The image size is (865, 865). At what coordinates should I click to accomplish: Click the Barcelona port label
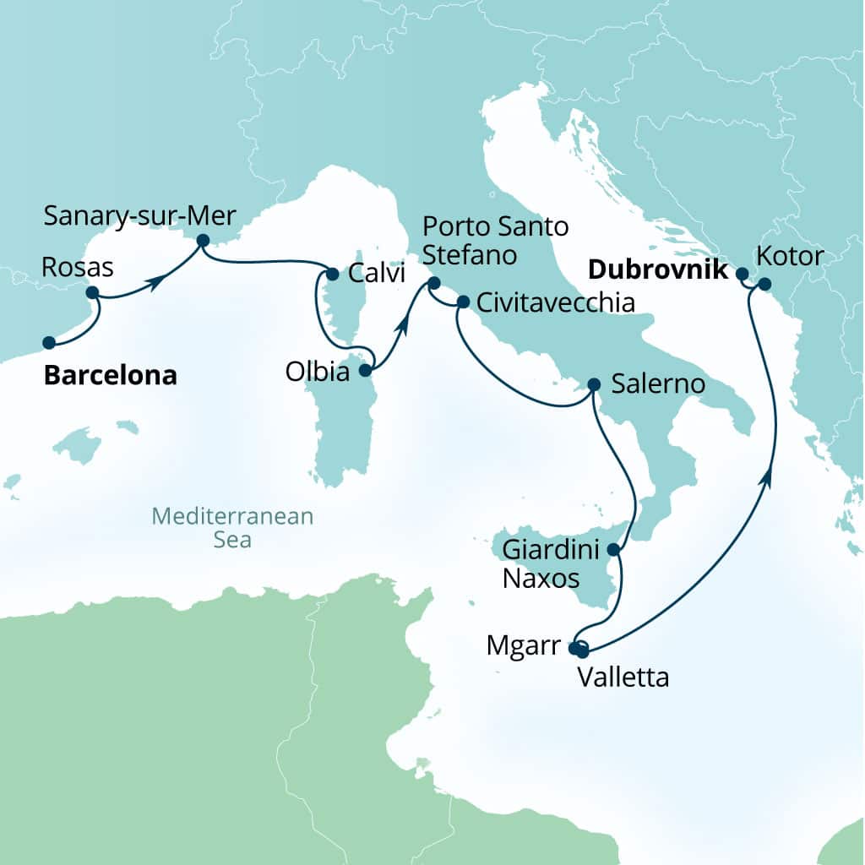[110, 375]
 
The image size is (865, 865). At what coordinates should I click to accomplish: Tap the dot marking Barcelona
[49, 343]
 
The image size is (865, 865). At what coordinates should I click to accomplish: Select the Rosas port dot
[93, 293]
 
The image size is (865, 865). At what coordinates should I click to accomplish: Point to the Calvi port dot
[332, 274]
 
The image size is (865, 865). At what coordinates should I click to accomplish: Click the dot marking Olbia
[365, 370]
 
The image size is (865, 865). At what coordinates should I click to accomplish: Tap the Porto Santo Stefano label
[495, 239]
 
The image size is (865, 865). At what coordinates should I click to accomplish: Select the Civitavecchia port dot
[463, 302]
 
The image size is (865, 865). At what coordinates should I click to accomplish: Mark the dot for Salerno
[593, 384]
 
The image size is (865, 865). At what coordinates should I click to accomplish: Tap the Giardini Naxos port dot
[614, 550]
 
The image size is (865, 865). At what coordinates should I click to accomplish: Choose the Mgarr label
[524, 647]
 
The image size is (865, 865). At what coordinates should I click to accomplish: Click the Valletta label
[623, 677]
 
